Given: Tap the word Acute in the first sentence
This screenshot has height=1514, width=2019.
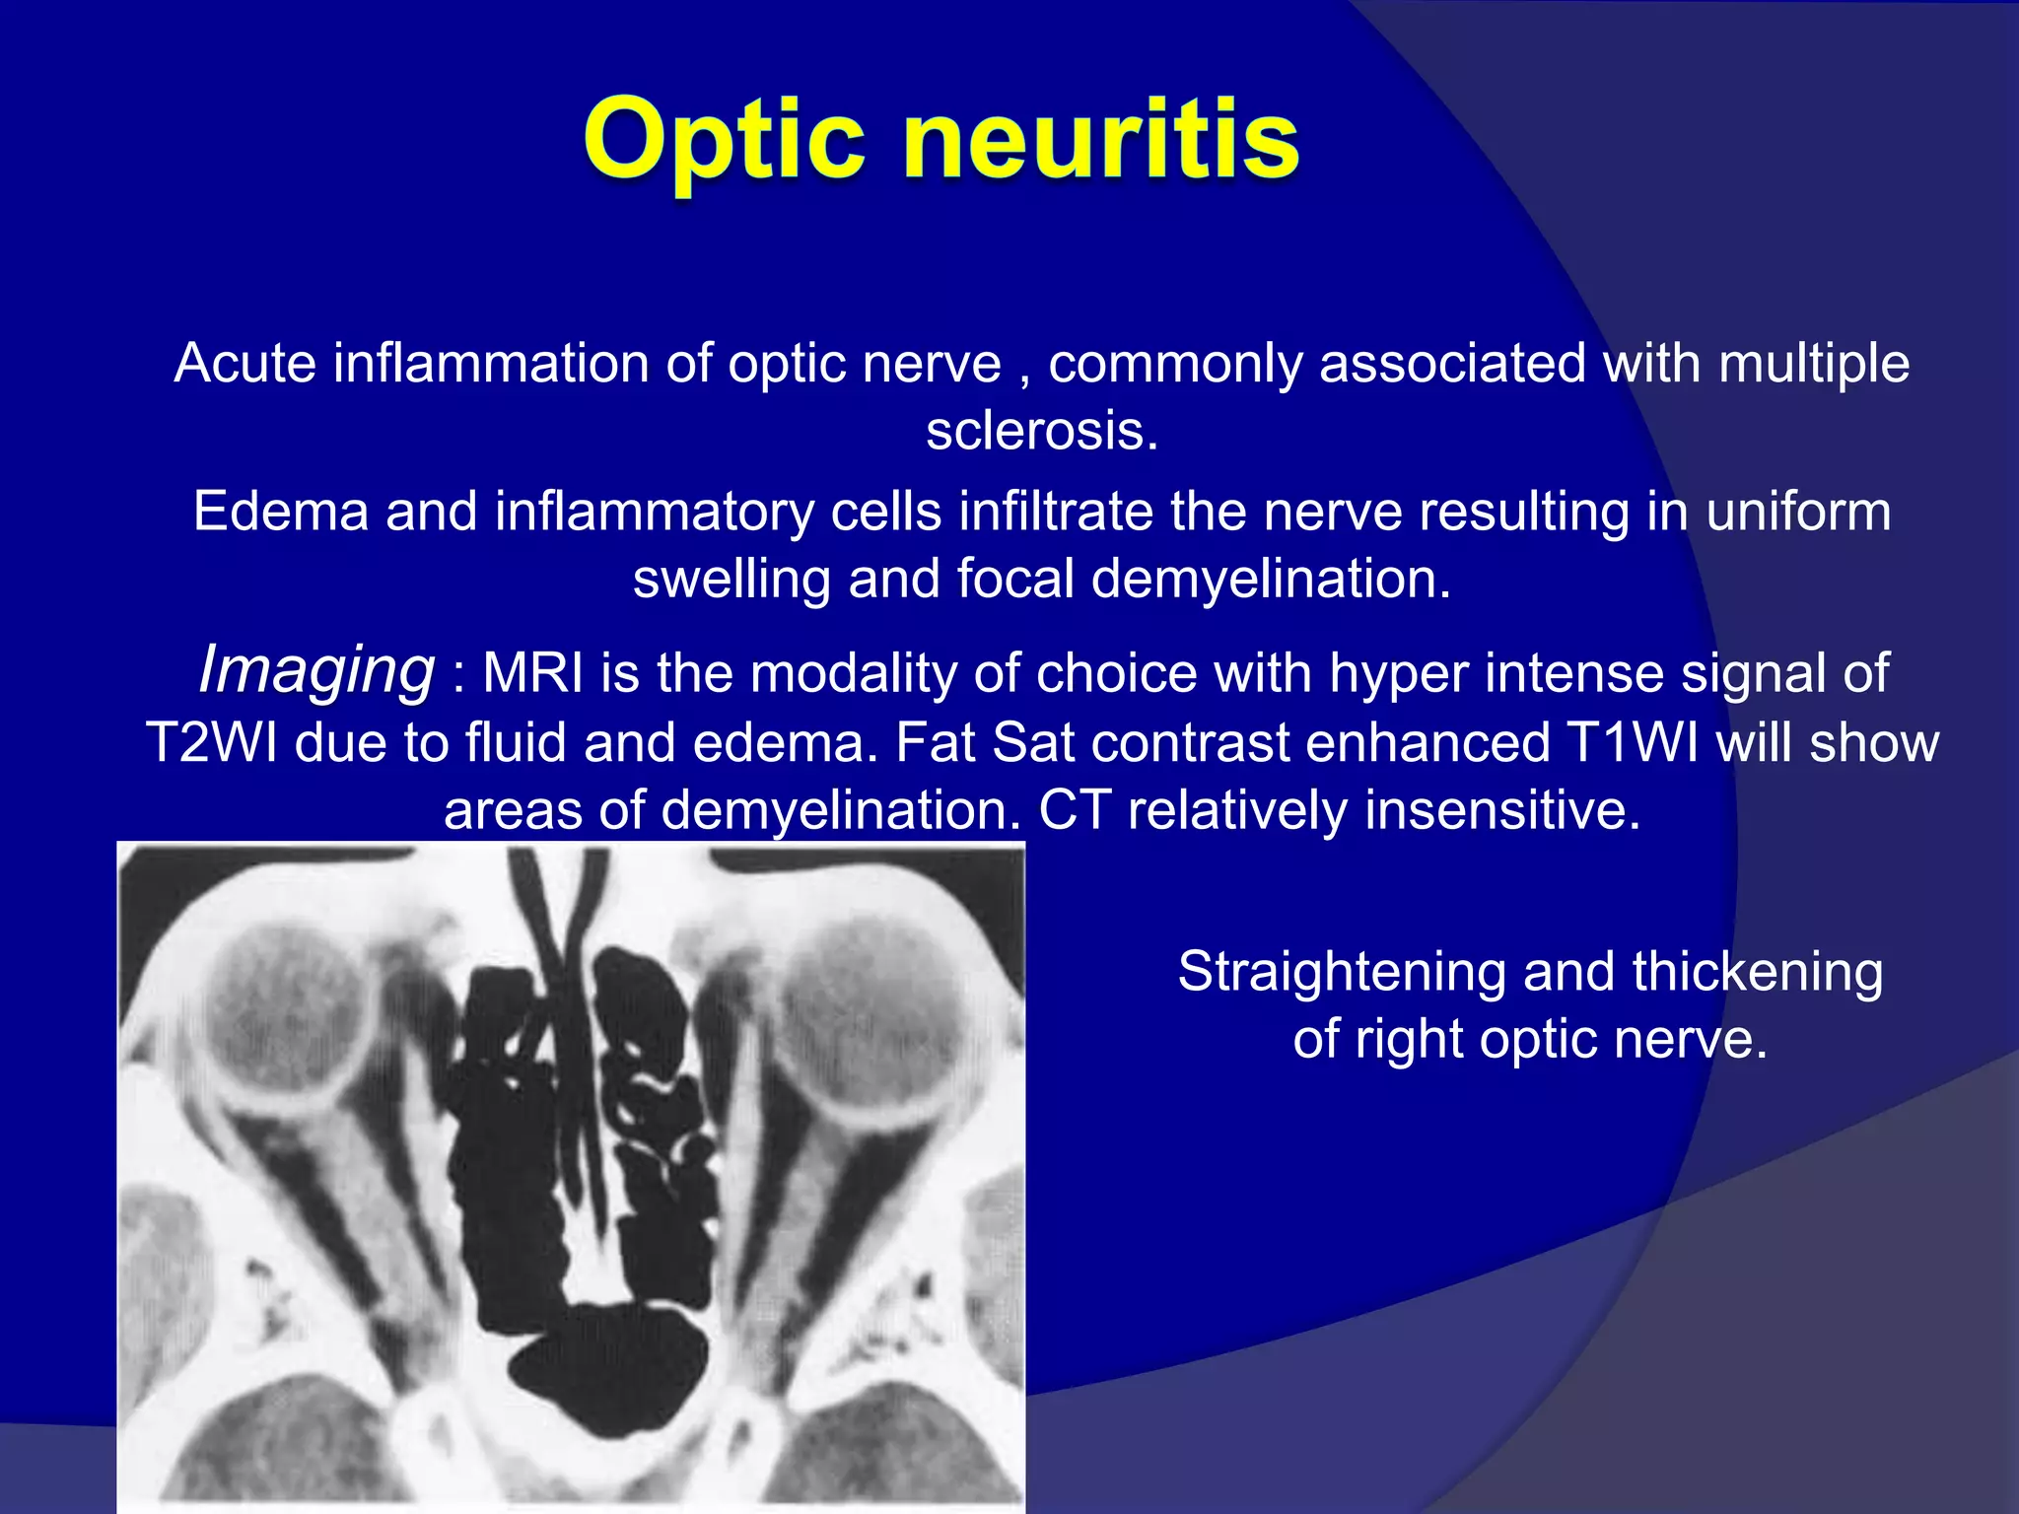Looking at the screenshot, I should click(245, 363).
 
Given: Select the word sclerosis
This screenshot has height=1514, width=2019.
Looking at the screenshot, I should click(1041, 431).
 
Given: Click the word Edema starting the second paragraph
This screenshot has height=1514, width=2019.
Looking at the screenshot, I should click(280, 512).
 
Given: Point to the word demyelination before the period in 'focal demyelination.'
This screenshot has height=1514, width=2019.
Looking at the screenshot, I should click(1270, 579).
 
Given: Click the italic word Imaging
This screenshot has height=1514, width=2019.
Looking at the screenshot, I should click(315, 670).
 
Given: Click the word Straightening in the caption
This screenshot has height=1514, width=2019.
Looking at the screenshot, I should click(1342, 972).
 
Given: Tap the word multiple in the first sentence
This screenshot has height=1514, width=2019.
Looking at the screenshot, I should click(1814, 363).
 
